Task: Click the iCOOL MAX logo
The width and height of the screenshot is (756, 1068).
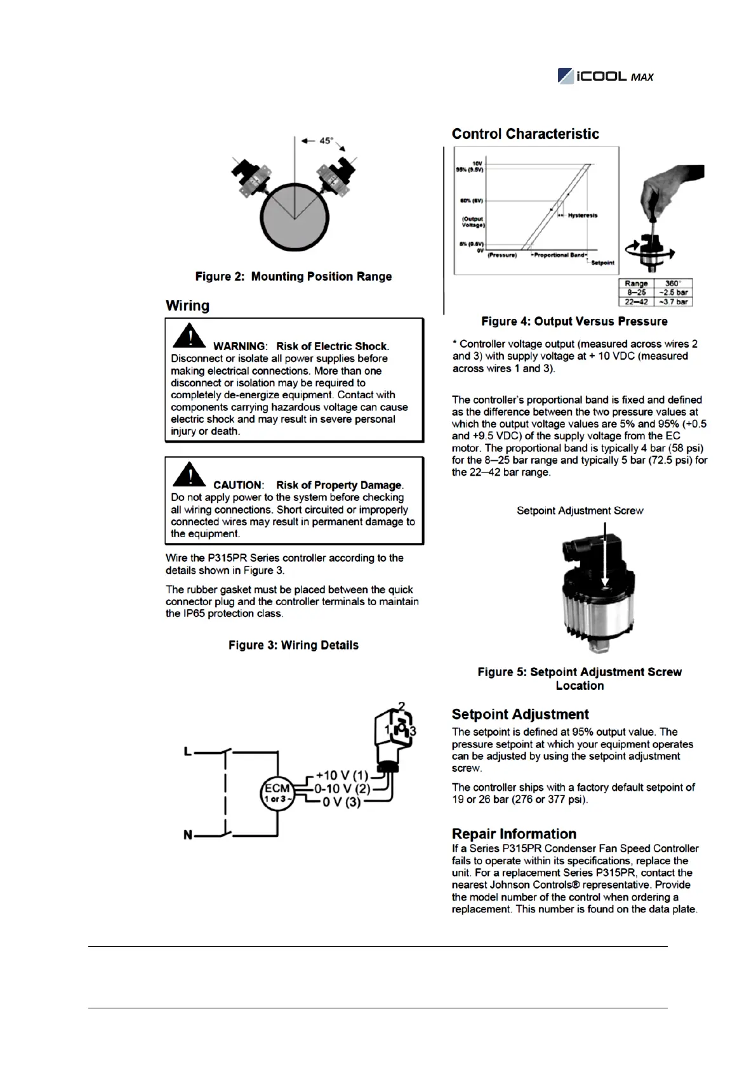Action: pos(605,76)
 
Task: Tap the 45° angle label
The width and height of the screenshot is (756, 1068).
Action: pos(326,141)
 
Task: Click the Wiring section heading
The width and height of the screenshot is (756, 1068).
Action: pos(187,306)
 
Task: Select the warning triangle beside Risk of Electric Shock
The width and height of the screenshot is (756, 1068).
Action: pos(189,336)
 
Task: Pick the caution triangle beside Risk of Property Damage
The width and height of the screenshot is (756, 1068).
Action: pos(189,475)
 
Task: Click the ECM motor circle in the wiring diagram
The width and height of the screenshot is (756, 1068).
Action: pos(277,793)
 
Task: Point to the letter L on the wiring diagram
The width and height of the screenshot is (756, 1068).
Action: pos(188,752)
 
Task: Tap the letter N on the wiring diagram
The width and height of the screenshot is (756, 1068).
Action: pos(188,835)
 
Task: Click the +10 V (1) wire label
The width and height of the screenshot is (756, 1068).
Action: pos(342,776)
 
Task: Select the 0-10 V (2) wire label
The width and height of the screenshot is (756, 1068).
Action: pos(342,789)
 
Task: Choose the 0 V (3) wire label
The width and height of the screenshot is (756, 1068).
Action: pos(342,802)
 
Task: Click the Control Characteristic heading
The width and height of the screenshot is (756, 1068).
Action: pos(525,134)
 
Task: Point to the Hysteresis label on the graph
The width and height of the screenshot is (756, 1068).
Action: pos(582,216)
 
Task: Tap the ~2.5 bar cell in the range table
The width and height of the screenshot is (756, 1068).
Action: pos(673,292)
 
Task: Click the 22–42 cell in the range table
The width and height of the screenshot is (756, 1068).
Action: pos(635,302)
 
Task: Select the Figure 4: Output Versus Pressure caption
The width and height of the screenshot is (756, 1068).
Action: pos(574,322)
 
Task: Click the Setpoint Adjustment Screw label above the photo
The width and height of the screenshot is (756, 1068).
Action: pos(580,511)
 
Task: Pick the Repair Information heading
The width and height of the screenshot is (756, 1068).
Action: pos(514,834)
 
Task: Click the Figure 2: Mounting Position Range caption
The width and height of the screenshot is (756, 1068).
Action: pos(293,277)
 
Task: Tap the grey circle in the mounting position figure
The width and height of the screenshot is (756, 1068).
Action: pos(294,219)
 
